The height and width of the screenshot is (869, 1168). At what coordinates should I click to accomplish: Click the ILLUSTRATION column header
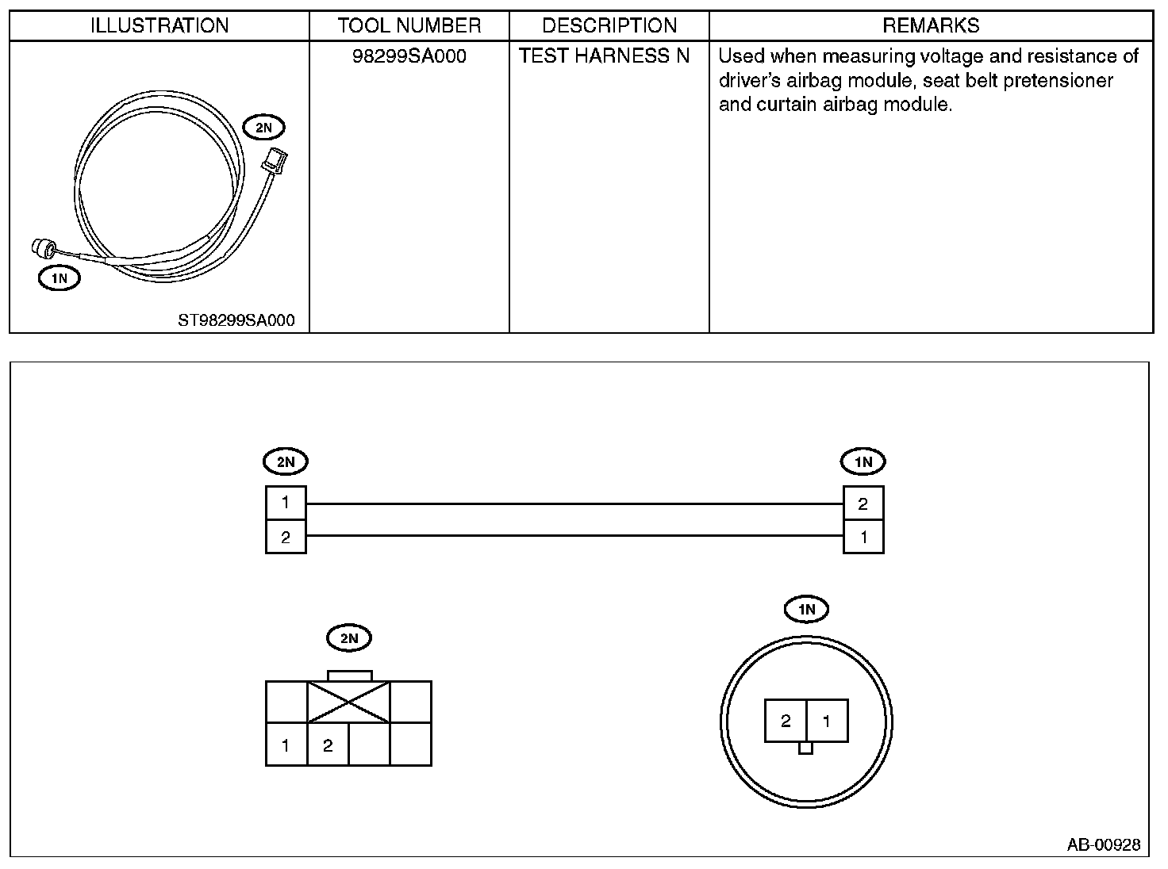pyautogui.click(x=159, y=25)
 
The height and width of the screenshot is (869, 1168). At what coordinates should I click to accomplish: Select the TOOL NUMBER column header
pyautogui.click(x=409, y=25)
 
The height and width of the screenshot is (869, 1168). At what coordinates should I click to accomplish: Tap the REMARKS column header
pyautogui.click(x=931, y=25)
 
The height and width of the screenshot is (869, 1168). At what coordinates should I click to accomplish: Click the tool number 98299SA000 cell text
pyautogui.click(x=409, y=56)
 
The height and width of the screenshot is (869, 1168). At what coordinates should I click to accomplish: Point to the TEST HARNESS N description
pyautogui.click(x=605, y=56)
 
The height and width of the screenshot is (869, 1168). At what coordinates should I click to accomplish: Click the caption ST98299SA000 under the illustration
pyautogui.click(x=236, y=320)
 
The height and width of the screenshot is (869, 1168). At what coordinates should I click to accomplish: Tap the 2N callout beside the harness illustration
pyautogui.click(x=264, y=127)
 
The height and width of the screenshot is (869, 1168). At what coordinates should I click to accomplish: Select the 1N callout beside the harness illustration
pyautogui.click(x=60, y=278)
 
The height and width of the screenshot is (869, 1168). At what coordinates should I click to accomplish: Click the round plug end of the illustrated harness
pyautogui.click(x=40, y=248)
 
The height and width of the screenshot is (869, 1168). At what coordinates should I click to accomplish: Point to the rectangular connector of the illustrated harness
pyautogui.click(x=275, y=159)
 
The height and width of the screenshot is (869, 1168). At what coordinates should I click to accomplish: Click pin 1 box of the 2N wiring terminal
pyautogui.click(x=286, y=503)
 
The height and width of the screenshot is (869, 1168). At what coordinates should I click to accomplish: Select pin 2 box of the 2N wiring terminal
pyautogui.click(x=286, y=537)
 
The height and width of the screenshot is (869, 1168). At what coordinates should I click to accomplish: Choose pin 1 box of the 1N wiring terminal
pyautogui.click(x=863, y=537)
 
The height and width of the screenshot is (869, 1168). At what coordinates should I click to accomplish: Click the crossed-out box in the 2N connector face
pyautogui.click(x=348, y=702)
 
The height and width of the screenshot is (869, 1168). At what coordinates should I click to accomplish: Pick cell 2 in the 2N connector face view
pyautogui.click(x=328, y=745)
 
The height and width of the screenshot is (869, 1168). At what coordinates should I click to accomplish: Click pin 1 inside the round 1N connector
pyautogui.click(x=827, y=721)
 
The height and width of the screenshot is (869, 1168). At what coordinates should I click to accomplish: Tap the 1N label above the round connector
pyautogui.click(x=806, y=609)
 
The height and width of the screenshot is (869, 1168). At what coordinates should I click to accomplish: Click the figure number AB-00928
pyautogui.click(x=1103, y=844)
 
